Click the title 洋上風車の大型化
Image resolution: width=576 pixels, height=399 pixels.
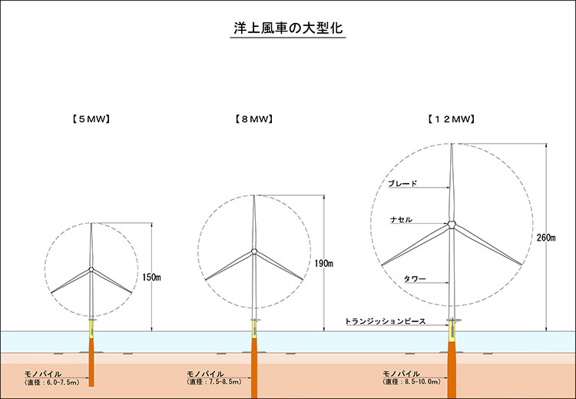pyautogui.click(x=288, y=28)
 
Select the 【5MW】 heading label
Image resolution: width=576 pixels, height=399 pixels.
pyautogui.click(x=91, y=119)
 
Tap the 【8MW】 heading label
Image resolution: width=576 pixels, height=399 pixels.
pyautogui.click(x=253, y=119)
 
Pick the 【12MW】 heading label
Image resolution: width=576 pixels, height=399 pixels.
pyautogui.click(x=452, y=119)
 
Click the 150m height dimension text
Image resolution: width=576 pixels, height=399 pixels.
pyautogui.click(x=151, y=277)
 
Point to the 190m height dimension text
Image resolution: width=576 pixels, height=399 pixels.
pyautogui.click(x=324, y=264)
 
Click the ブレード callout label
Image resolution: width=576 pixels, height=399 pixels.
pyautogui.click(x=402, y=184)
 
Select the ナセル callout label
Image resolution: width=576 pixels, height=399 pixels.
pyautogui.click(x=401, y=220)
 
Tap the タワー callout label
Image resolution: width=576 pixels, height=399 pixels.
pyautogui.click(x=413, y=278)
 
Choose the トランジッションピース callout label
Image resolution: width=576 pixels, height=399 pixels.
pyautogui.click(x=385, y=320)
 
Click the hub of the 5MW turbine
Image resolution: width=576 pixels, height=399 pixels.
pyautogui.click(x=91, y=269)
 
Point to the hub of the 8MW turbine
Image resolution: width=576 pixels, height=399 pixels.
pyautogui.click(x=253, y=251)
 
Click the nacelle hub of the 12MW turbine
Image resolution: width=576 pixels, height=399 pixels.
pyautogui.click(x=453, y=224)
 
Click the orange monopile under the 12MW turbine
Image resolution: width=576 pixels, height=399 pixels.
pyautogui.click(x=453, y=369)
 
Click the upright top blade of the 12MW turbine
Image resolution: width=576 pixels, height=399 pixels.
pyautogui.click(x=453, y=181)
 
